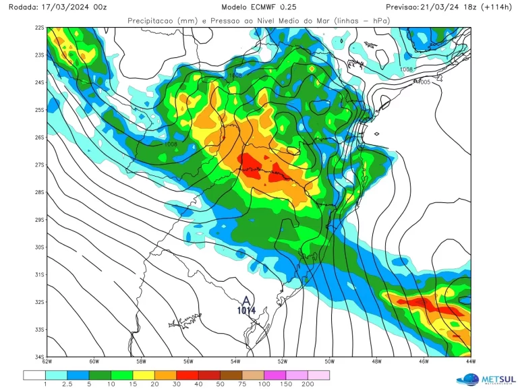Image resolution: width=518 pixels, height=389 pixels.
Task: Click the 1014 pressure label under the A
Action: tap(246, 311)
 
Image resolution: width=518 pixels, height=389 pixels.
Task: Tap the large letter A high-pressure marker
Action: tap(246, 300)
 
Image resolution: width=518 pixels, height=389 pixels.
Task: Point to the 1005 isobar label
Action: tap(424, 82)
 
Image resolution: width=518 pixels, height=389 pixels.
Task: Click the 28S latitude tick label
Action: tap(40, 192)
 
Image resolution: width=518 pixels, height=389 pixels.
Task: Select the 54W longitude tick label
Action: tap(235, 362)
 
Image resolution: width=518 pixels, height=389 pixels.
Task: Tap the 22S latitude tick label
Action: tap(40, 28)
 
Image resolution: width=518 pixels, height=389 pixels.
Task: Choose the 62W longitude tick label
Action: tap(47, 362)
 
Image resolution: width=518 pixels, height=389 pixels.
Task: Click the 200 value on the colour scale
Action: tap(308, 384)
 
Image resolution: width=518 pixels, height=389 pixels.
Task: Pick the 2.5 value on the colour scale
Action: tap(67, 384)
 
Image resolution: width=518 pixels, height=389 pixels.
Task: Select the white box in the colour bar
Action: tap(34, 375)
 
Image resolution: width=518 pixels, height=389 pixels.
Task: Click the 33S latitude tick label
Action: tap(40, 330)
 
